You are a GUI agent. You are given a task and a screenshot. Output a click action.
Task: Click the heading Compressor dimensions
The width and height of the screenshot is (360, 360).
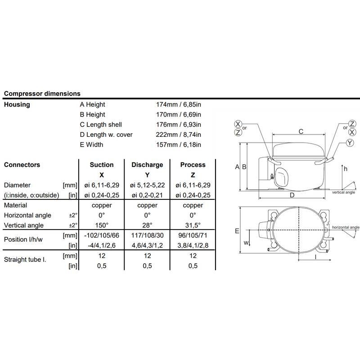click(42, 94)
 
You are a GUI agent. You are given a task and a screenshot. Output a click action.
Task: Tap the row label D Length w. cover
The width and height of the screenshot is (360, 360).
click(106, 135)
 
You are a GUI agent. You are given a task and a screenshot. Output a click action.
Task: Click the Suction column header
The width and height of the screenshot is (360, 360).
click(101, 165)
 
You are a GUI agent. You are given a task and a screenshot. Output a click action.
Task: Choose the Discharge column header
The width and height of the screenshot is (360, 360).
click(147, 165)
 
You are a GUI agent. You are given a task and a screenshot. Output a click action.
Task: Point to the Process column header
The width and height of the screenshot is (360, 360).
click(193, 165)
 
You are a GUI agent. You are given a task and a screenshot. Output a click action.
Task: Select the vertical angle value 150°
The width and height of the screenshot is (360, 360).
click(101, 225)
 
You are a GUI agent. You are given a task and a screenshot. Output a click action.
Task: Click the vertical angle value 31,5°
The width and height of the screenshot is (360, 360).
click(193, 225)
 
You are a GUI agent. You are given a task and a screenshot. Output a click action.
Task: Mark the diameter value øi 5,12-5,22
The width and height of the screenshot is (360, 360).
click(147, 185)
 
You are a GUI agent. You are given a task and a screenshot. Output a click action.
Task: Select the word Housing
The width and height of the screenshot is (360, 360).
click(17, 104)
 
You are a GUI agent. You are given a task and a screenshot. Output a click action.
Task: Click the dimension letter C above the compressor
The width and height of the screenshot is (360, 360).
click(301, 131)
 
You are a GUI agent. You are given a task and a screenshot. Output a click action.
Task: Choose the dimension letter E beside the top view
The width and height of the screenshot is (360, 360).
click(237, 231)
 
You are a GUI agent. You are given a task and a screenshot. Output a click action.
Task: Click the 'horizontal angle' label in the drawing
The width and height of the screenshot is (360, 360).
click(346, 228)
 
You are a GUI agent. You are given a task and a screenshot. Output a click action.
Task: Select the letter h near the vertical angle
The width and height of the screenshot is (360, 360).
click(345, 169)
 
